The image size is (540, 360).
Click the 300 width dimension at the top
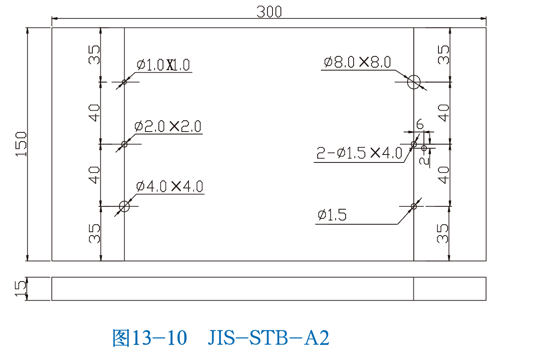269,12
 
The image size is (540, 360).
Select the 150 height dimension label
21,144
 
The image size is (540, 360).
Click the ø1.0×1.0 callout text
163,65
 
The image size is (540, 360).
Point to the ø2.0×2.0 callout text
168,126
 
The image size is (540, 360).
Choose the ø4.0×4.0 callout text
170,186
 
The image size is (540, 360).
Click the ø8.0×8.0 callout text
357,62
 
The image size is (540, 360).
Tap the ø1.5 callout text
332,215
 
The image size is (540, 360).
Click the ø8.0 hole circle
414,82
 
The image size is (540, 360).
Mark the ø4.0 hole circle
124,206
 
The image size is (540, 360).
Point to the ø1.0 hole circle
124,82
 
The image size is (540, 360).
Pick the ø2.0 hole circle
124,144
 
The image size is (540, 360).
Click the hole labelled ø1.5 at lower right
414,206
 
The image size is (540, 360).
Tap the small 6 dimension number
420,124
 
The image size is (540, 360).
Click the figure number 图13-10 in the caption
149,337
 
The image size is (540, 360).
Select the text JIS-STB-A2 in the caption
268,337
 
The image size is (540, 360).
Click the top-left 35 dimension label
94,54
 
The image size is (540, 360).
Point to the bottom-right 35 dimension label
443,233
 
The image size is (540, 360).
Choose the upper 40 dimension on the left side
94,113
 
